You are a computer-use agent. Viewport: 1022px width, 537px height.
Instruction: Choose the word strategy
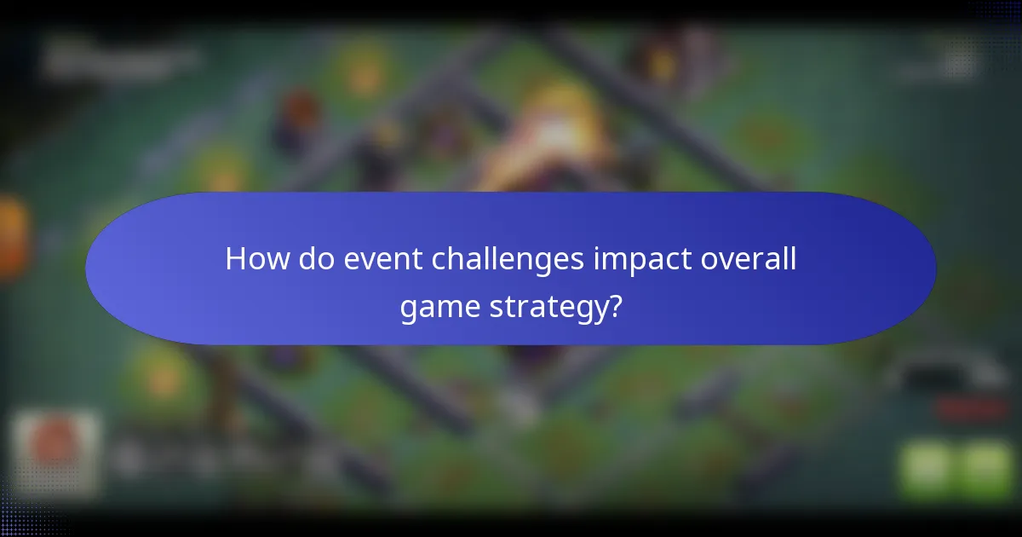pyautogui.click(x=554, y=308)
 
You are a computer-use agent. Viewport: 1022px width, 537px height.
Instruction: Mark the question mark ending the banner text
pyautogui.click(x=614, y=306)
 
